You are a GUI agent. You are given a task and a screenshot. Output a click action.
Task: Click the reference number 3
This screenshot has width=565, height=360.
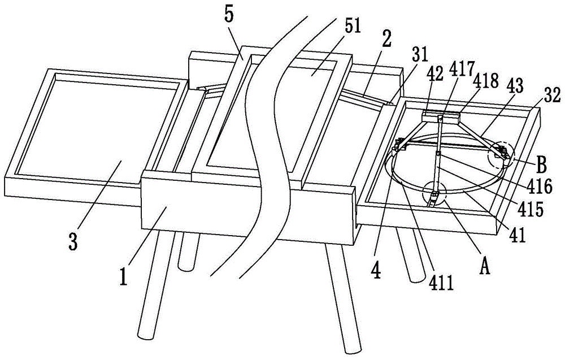pos(73,241)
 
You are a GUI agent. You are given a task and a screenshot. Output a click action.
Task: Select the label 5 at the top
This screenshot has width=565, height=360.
pos(229,15)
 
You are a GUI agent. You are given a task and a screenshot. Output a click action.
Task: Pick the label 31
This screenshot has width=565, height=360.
pos(419,54)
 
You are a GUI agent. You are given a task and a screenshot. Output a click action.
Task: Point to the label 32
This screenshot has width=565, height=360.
pos(551,96)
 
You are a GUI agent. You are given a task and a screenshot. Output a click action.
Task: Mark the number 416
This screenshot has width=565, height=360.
pos(540,186)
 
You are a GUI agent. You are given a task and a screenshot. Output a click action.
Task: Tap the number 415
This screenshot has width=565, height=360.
pos(530,209)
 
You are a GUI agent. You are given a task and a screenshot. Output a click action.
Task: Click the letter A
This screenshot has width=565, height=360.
pos(485,267)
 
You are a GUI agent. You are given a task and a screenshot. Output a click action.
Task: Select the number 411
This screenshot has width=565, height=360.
pos(441,283)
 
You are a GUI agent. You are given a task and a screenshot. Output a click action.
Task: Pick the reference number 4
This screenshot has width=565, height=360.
pos(376,271)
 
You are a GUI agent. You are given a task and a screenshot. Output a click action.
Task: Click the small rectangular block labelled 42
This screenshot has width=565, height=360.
pos(441,117)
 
